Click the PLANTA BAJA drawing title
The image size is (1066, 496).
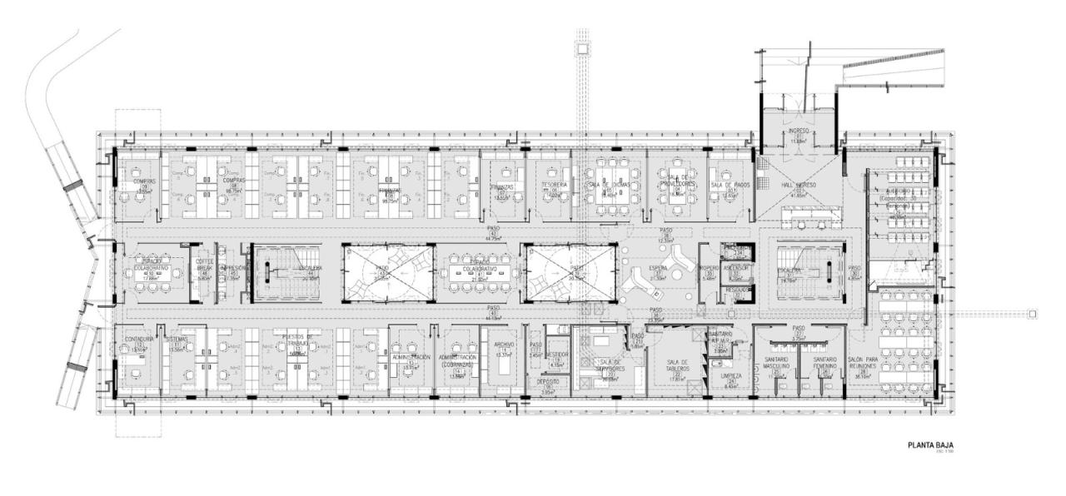pos(931,445)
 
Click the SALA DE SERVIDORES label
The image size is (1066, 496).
pos(612,365)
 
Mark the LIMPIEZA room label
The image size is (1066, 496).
pos(732,376)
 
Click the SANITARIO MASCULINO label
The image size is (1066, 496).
pos(775,363)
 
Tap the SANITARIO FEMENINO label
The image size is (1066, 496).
pos(824,363)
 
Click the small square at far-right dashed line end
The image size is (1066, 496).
pos(1032,313)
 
